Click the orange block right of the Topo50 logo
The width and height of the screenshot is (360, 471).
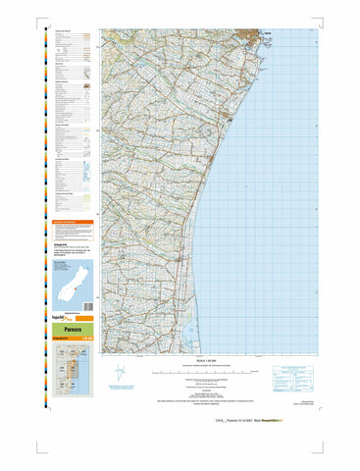click(83, 319)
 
